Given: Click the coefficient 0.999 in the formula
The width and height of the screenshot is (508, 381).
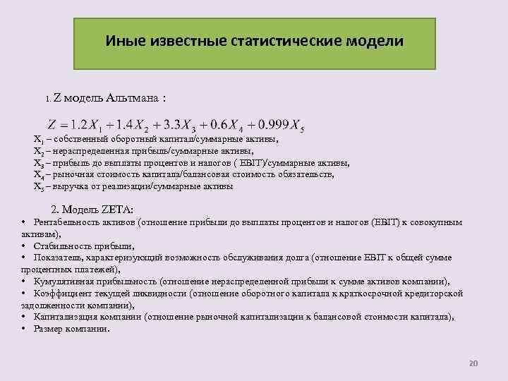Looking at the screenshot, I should (272, 125).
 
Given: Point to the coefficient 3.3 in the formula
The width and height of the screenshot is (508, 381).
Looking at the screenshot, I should (174, 125).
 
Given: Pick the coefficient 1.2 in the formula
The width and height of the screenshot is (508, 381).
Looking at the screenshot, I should (83, 125).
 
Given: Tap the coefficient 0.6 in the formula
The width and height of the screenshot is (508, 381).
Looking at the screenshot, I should (219, 125).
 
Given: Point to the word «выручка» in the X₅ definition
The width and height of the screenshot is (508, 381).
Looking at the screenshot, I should (67, 187).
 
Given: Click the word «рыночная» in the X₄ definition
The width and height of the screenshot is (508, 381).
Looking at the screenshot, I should (71, 174).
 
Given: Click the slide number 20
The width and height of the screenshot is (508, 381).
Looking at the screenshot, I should (473, 363).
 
